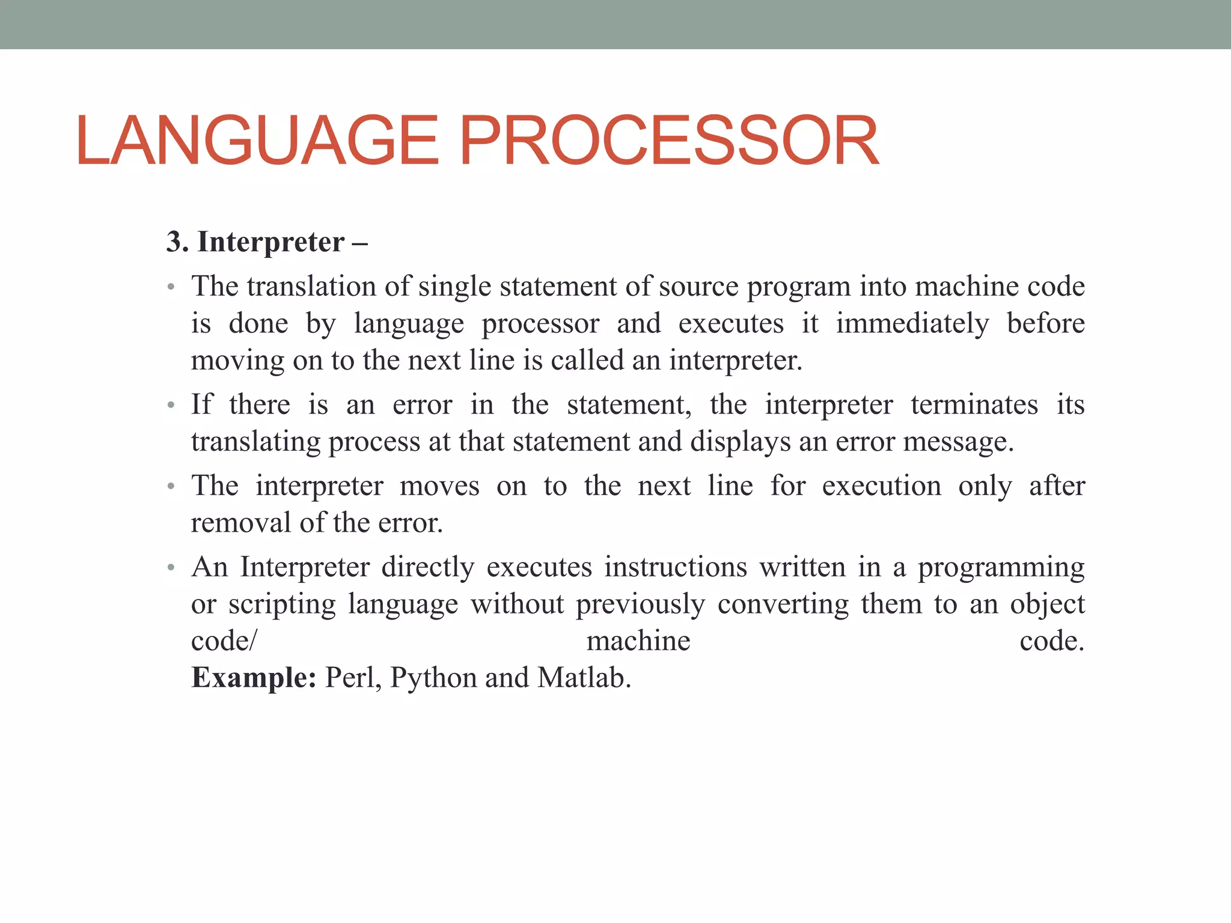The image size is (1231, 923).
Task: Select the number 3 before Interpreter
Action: [x=174, y=242]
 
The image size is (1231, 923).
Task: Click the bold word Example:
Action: [x=254, y=678]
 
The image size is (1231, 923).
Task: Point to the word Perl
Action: [x=352, y=678]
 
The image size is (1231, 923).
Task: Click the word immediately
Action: [x=912, y=324]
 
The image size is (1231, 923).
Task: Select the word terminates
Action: [x=974, y=404]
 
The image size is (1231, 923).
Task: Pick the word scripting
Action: [x=282, y=605]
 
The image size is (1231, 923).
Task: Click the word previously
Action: [x=640, y=605]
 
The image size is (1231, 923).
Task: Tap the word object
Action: [x=1047, y=605]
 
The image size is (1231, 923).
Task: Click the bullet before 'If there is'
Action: [x=171, y=406]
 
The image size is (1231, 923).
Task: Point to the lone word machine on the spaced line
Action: [x=638, y=641]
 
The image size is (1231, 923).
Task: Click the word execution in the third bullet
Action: [x=881, y=486]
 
